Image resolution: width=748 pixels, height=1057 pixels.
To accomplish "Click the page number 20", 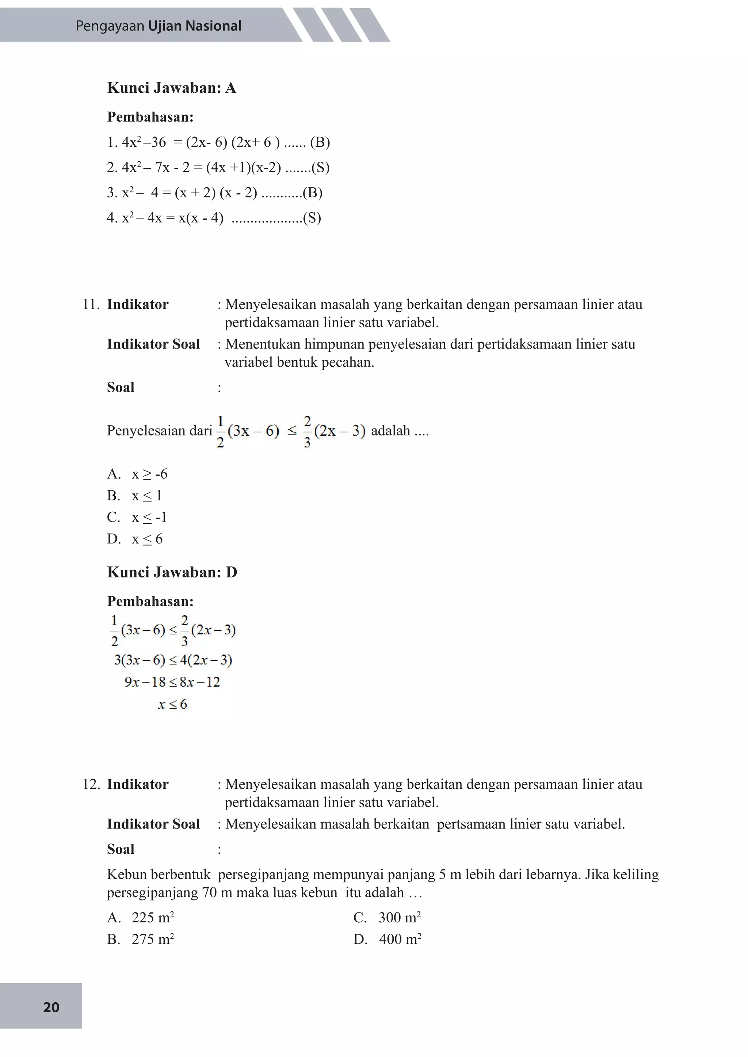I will (51, 1007).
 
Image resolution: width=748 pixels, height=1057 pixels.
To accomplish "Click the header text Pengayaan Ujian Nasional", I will (159, 26).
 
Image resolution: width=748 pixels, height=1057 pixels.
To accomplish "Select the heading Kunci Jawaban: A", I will (171, 88).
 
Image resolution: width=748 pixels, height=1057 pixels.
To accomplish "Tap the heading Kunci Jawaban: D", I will (172, 572).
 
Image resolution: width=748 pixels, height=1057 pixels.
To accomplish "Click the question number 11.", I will (91, 304).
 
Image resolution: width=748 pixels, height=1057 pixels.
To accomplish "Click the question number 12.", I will (91, 784).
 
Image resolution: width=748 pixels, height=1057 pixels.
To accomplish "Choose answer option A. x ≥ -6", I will (137, 474).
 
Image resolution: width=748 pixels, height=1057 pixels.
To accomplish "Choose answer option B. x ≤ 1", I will (134, 495).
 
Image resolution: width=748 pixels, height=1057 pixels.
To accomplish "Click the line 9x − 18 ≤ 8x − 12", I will (172, 682).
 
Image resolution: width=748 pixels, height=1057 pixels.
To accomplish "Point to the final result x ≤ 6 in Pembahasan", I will (172, 704).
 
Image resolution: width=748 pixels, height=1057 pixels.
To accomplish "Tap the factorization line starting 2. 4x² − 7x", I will (218, 167).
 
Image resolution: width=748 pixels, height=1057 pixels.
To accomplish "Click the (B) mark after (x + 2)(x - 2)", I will (312, 192).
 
